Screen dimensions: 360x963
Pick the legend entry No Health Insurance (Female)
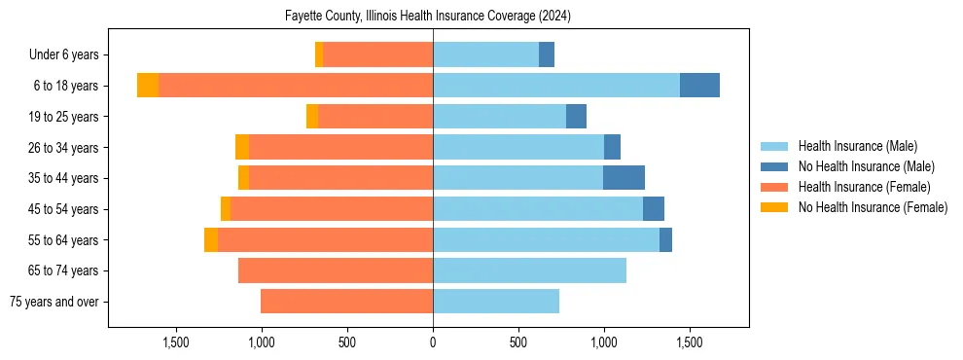tap(871, 207)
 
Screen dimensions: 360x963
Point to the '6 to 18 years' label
tap(66, 86)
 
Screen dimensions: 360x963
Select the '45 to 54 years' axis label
tap(63, 209)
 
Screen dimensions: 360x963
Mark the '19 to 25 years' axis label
tap(63, 117)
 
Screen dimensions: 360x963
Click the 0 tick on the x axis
tap(433, 342)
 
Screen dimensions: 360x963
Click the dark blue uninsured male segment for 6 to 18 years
tap(699, 86)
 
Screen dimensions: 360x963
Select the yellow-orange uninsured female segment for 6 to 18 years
tap(148, 86)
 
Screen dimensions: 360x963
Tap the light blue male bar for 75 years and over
tap(496, 302)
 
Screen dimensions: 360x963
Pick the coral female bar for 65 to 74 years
tap(336, 270)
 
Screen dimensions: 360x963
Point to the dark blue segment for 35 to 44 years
tap(624, 178)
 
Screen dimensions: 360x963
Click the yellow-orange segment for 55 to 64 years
tap(211, 239)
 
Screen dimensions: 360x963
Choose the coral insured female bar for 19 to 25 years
tap(375, 117)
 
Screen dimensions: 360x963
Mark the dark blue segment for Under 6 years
tap(547, 55)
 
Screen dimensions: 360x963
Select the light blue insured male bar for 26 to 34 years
tap(518, 147)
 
